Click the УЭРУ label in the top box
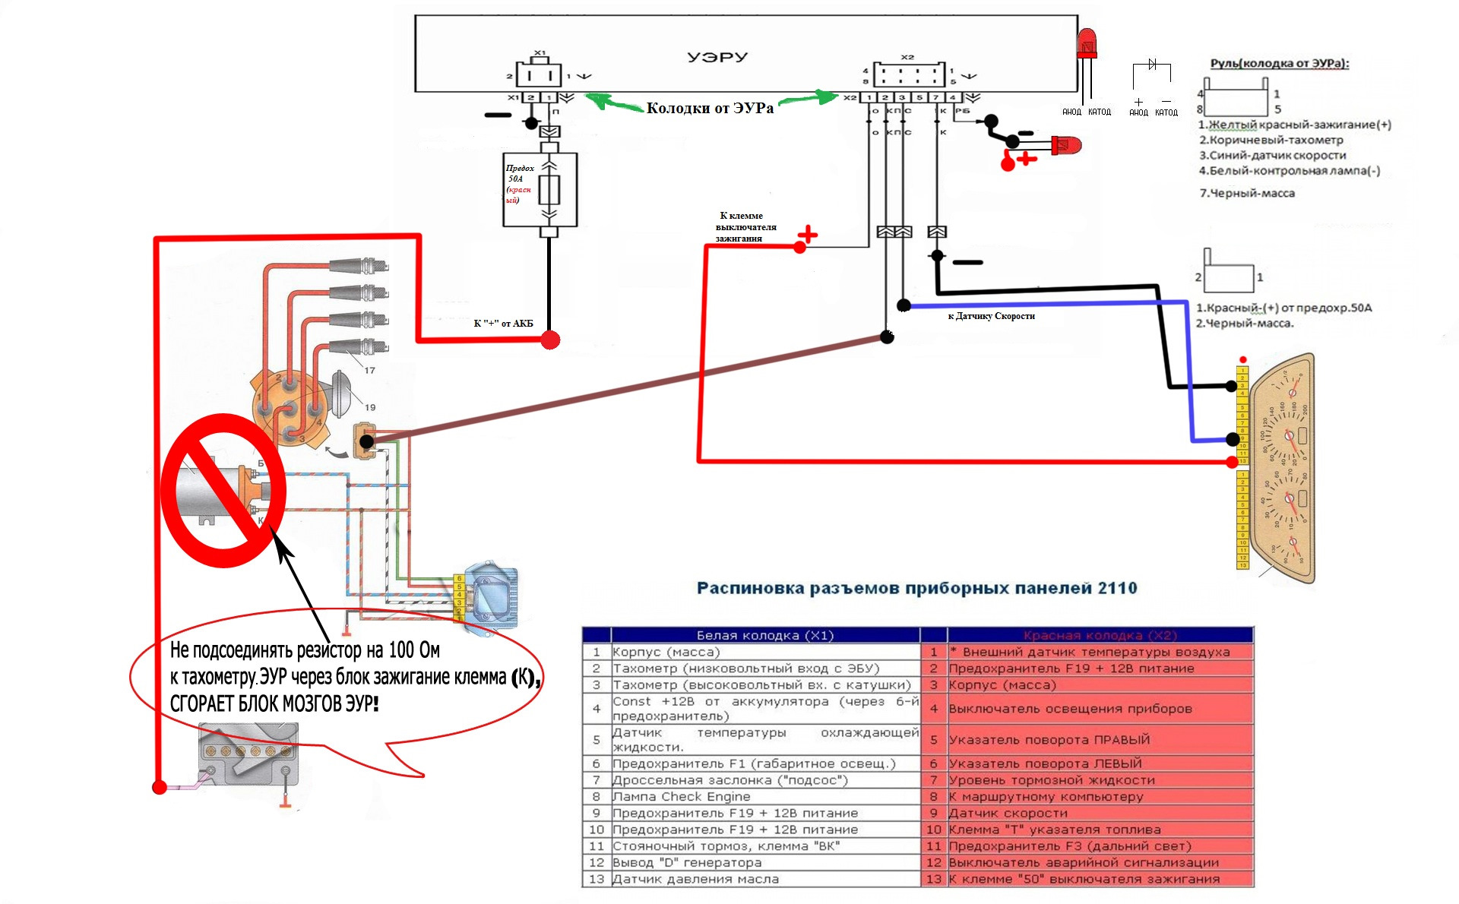coord(717,57)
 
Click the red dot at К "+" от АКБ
coord(550,340)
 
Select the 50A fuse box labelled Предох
coord(540,189)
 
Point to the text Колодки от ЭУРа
coord(710,109)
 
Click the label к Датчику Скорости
coord(991,316)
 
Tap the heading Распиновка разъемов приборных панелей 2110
coord(916,588)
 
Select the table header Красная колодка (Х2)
coord(1100,635)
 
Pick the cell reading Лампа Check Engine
coord(682,797)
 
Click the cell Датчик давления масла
coord(695,879)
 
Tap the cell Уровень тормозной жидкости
coord(1052,780)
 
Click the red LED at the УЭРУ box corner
coord(1087,44)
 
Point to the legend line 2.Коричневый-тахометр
coord(1271,140)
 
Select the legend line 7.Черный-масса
coord(1247,193)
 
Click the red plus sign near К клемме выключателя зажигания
coord(807,235)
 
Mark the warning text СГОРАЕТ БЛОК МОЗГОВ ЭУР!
coord(274,703)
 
